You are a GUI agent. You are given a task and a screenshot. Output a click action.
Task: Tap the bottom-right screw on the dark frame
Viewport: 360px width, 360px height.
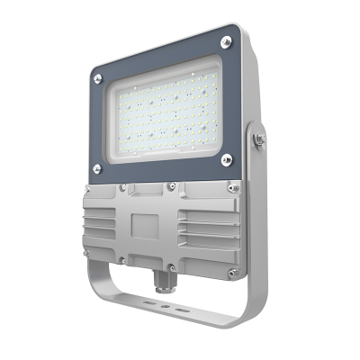point(226,159)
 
